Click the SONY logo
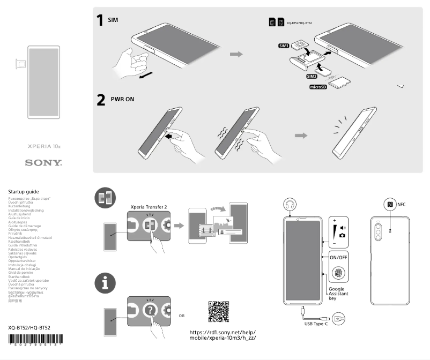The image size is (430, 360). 43,162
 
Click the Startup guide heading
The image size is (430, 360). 24,191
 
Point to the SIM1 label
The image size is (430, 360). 284,47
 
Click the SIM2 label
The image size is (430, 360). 313,76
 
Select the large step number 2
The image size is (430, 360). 100,100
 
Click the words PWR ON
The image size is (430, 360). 122,100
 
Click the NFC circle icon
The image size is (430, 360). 390,204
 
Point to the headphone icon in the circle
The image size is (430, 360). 292,204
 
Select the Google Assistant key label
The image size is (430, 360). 338,294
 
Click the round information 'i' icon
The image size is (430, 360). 105,284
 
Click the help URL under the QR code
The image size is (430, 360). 223,335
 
